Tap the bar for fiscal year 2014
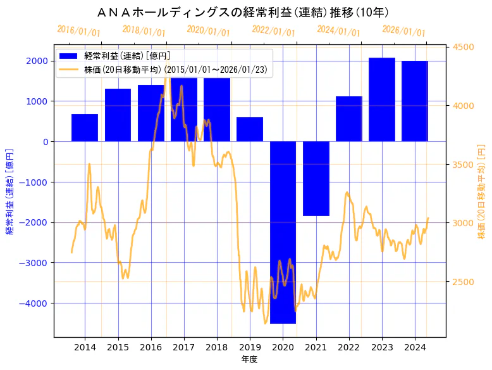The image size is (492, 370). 85,128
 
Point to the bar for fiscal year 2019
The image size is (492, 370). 250,129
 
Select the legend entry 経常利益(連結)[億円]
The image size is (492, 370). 126,56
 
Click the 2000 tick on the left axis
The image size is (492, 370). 39,61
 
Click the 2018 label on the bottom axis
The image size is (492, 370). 217,347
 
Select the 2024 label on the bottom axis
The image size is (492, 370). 415,347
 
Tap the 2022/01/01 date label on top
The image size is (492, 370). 273,30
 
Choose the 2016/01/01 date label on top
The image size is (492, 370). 78,30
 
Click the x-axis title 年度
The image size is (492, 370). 249,359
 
